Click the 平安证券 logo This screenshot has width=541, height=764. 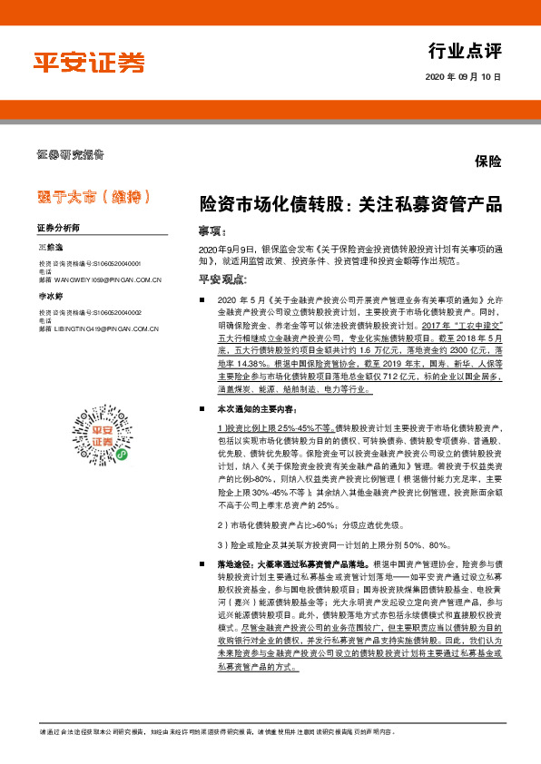click(x=89, y=63)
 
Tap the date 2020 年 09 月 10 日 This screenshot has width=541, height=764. click(x=462, y=78)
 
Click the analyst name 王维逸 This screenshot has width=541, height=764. click(x=50, y=247)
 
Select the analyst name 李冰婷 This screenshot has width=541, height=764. click(x=50, y=297)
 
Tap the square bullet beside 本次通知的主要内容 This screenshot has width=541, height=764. click(x=202, y=410)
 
